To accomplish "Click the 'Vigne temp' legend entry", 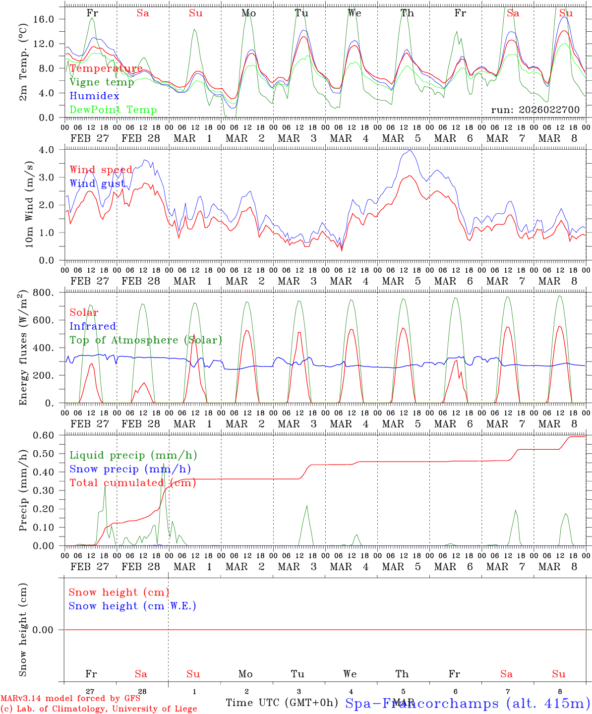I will click(x=102, y=82).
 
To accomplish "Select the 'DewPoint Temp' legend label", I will click(x=113, y=110).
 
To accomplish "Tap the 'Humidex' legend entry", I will click(x=94, y=96).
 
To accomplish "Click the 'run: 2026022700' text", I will click(x=535, y=110).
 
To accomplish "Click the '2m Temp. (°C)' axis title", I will click(x=23, y=68).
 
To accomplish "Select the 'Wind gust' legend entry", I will click(x=97, y=183).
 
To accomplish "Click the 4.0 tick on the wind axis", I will click(x=48, y=150).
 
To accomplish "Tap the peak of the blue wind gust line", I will click(x=410, y=151).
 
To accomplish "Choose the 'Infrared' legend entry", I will click(x=93, y=326).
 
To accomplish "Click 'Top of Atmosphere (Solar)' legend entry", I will click(x=146, y=340).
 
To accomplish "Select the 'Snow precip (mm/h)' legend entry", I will click(x=130, y=469).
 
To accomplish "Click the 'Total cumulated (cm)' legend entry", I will click(x=132, y=483).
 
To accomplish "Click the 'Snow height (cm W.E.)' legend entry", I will click(x=132, y=606).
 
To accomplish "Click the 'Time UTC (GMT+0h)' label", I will click(x=282, y=703).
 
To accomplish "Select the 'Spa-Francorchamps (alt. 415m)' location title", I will click(x=467, y=703).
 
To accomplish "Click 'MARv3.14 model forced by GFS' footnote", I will click(x=70, y=698).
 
